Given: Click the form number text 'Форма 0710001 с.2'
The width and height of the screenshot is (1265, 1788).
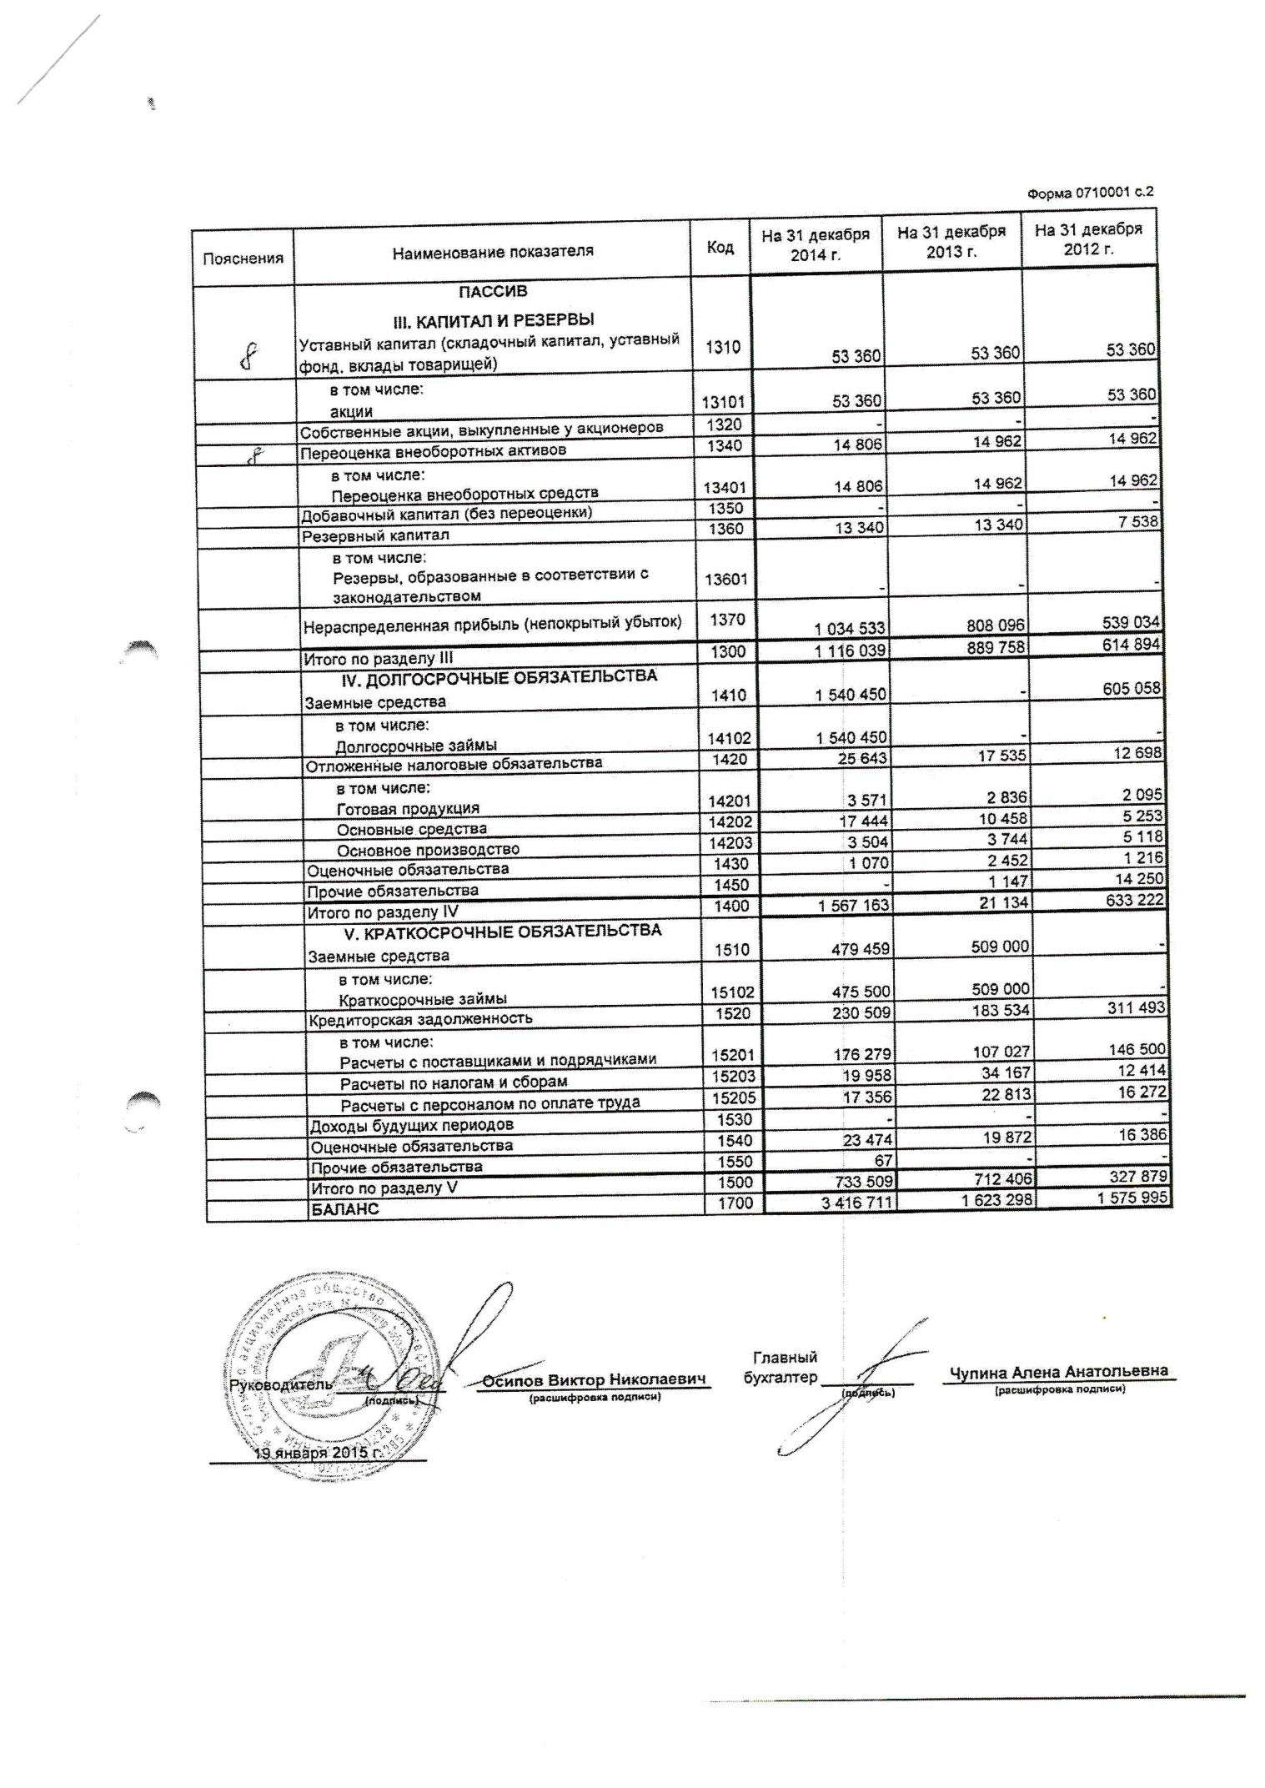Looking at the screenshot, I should [1091, 193].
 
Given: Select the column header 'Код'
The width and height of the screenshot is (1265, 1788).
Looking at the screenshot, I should [720, 248].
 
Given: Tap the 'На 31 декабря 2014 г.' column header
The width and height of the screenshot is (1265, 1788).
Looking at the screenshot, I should [815, 245].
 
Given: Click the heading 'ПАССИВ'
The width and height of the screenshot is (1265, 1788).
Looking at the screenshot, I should [492, 292].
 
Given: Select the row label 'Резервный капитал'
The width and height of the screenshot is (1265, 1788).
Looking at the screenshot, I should [375, 535].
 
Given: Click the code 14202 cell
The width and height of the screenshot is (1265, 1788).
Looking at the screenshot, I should [729, 822].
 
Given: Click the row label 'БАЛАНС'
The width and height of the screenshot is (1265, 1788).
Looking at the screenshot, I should [344, 1209].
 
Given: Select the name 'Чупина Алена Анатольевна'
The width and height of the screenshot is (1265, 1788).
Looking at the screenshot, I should [1059, 1372].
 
